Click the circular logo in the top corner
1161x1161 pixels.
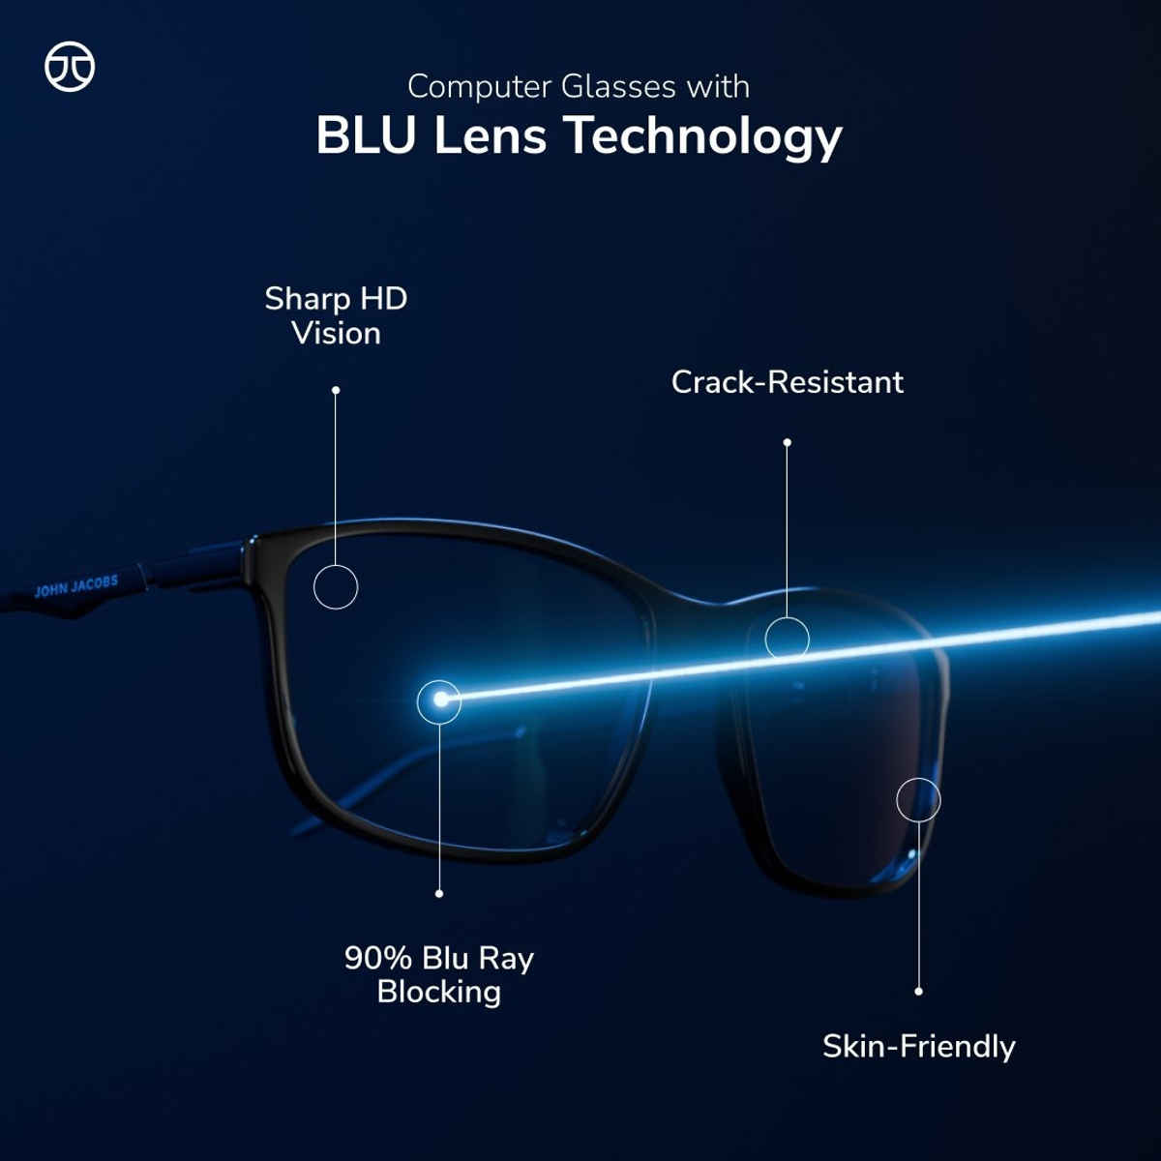coord(70,67)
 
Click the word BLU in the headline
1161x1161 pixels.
coord(367,135)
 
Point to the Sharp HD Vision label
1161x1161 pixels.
coord(336,315)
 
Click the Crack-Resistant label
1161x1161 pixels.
coord(787,382)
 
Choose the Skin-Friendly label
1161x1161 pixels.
coord(918,1046)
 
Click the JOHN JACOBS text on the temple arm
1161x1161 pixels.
coord(76,586)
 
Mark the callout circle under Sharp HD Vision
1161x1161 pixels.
coord(336,587)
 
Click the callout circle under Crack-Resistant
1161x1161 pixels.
coord(787,639)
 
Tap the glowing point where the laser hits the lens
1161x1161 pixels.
coord(439,700)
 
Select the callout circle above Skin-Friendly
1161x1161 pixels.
coord(918,800)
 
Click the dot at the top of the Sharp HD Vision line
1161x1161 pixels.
coord(336,390)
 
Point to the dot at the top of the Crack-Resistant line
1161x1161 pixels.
coord(787,442)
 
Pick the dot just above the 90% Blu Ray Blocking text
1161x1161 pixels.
coord(439,893)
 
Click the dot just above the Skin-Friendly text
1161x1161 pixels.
coord(918,991)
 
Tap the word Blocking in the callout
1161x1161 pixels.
coord(439,992)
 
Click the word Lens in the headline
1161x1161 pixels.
coord(490,135)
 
